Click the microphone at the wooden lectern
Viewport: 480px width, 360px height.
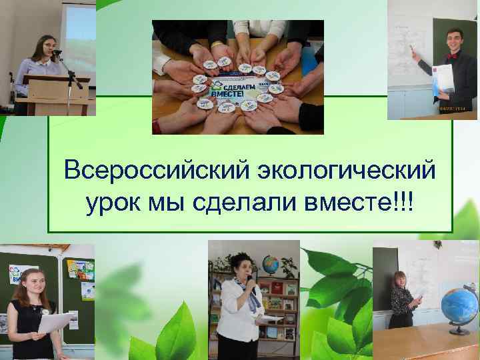[x=56, y=51]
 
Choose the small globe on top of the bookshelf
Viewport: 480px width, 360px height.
[x=270, y=263]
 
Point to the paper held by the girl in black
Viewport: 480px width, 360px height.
[x=54, y=323]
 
